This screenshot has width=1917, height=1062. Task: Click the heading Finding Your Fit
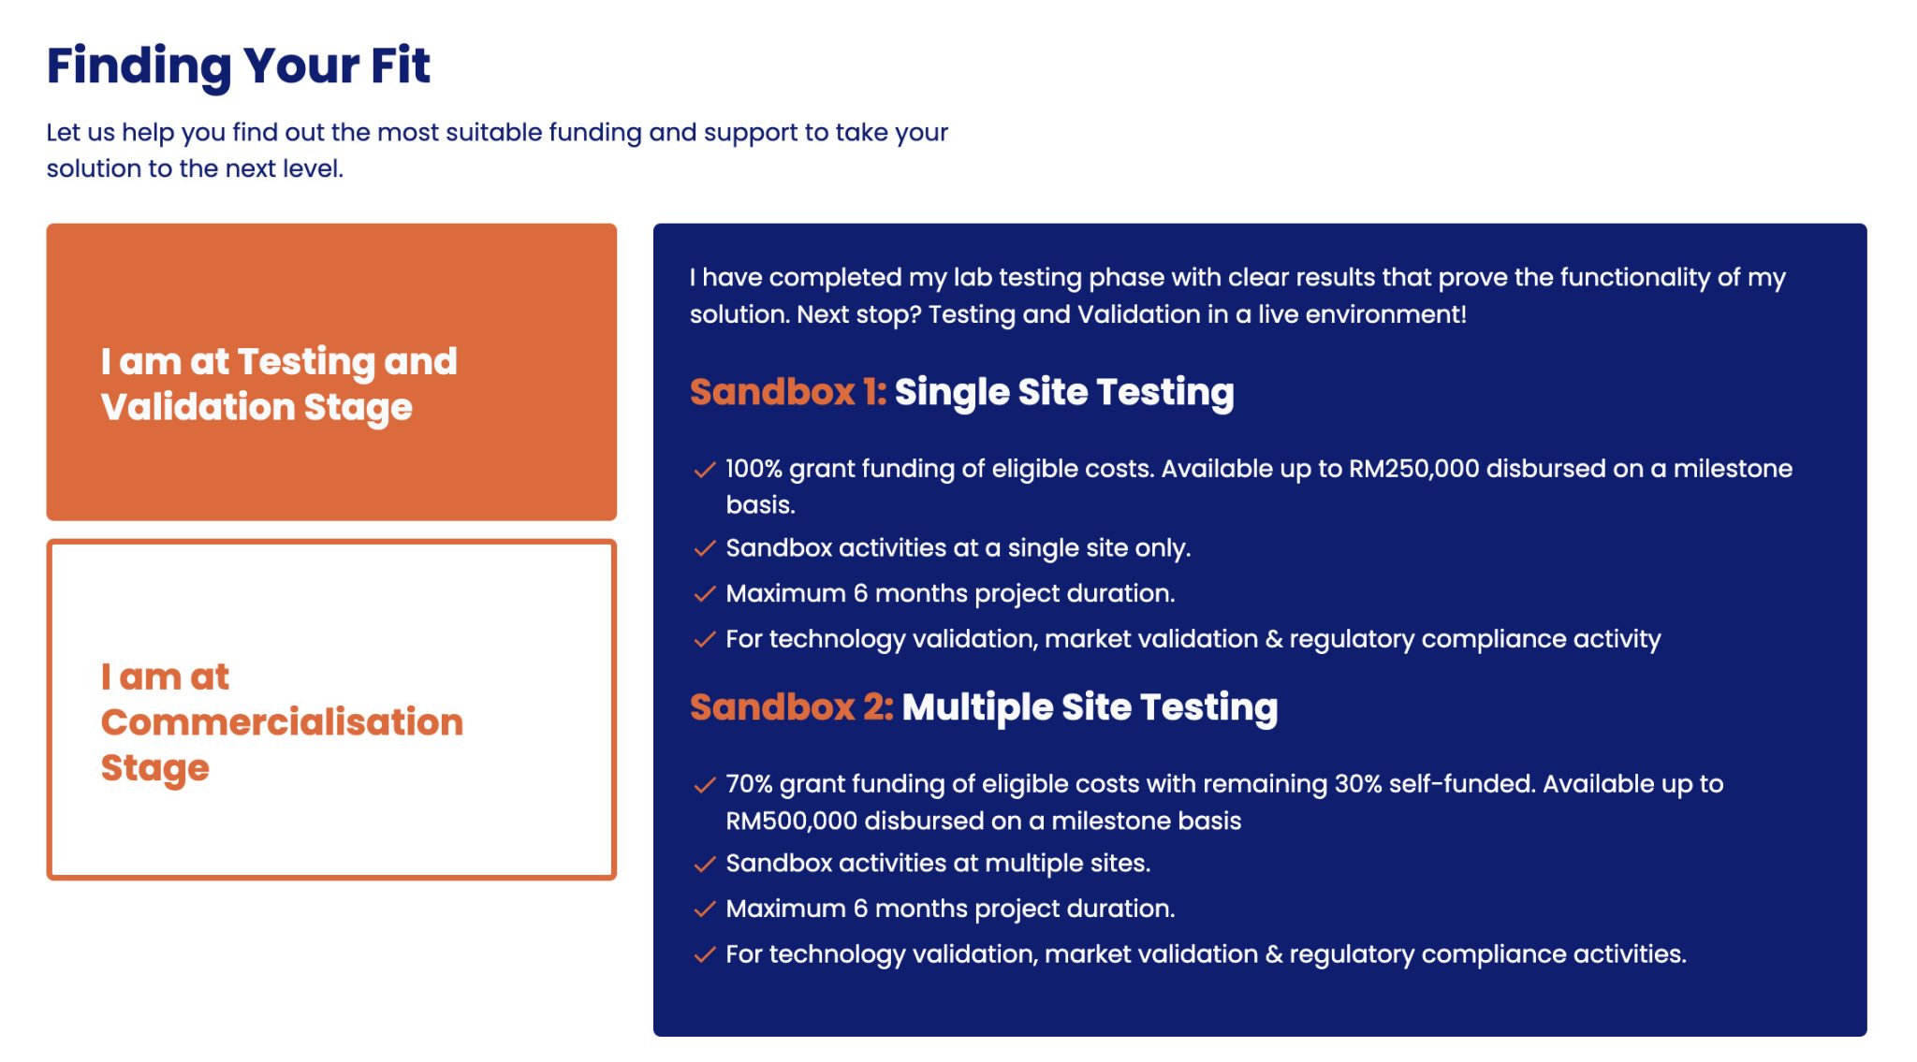click(239, 66)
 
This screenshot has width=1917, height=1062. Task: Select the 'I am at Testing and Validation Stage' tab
click(331, 371)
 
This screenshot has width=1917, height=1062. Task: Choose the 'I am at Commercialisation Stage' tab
click(331, 709)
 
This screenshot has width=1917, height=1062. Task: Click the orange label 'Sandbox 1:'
click(788, 392)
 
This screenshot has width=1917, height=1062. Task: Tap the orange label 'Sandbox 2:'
click(792, 707)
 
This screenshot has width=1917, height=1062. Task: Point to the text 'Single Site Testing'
click(1064, 393)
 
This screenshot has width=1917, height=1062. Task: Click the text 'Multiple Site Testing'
click(1090, 708)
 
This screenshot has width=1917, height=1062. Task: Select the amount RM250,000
click(1413, 469)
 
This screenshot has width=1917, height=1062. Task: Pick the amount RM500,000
click(791, 821)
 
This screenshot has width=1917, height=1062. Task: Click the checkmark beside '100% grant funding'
click(705, 470)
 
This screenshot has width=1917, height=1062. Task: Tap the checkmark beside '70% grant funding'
click(705, 785)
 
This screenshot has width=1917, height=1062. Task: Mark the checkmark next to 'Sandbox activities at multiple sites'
click(705, 865)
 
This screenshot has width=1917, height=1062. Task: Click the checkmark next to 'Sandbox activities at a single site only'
click(705, 549)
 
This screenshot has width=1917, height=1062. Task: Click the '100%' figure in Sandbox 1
click(754, 469)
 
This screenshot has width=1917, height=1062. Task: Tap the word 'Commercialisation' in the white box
click(282, 722)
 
